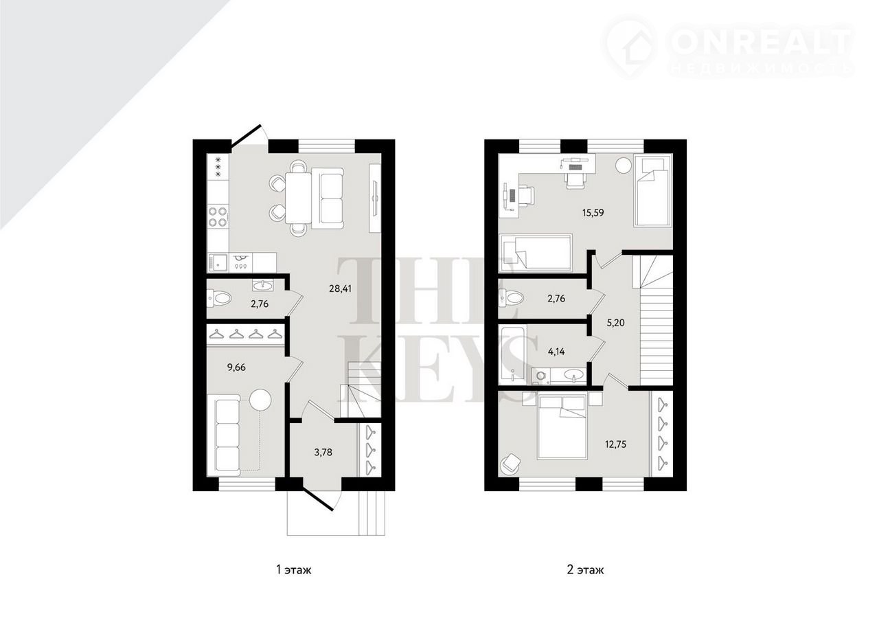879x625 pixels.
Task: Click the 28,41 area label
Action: (x=340, y=289)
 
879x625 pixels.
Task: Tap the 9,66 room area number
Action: (x=236, y=367)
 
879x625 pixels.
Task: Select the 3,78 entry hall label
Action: (x=323, y=452)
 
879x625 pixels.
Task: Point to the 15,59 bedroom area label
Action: (x=593, y=213)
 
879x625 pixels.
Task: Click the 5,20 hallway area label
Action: (x=615, y=323)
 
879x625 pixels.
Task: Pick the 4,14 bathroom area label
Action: (x=556, y=352)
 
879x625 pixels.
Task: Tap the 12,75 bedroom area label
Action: (x=615, y=444)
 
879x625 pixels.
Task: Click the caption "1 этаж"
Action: (x=294, y=569)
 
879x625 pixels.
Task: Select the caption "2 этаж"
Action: (x=585, y=569)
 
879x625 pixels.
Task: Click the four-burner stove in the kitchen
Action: (x=218, y=217)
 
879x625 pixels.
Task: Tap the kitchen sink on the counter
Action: (x=218, y=262)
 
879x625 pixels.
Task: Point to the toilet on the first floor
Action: (x=219, y=298)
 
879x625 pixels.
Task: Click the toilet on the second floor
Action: (x=511, y=298)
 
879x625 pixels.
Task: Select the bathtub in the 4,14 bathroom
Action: (x=512, y=354)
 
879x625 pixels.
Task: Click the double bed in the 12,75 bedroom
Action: (x=562, y=427)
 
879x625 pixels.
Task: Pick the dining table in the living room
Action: (x=298, y=198)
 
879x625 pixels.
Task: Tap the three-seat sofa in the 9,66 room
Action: (x=227, y=435)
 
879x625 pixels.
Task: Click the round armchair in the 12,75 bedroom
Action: (x=510, y=464)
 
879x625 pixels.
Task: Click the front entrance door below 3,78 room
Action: (x=319, y=499)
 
